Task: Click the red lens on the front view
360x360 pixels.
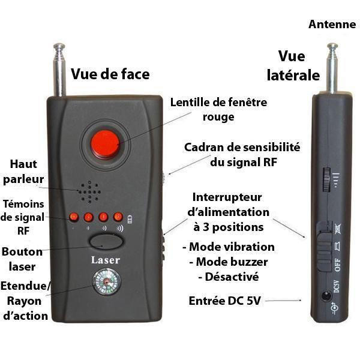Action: point(106,144)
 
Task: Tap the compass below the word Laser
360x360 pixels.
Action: point(107,282)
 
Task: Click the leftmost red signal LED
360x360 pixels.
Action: point(74,217)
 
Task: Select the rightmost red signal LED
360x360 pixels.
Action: point(118,217)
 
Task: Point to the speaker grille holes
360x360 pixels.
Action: point(89,192)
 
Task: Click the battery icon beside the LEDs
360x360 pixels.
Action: point(130,219)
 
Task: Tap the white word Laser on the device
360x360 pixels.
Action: point(106,260)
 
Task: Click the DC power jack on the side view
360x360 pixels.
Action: point(326,295)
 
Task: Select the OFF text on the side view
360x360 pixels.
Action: point(337,265)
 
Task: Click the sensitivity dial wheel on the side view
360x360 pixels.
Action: point(326,179)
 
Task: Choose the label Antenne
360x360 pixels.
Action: point(332,25)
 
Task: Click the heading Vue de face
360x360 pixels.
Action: point(110,74)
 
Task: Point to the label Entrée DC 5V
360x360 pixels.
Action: point(225,301)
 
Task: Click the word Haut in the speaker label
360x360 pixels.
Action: point(23,164)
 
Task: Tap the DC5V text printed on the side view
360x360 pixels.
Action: point(337,286)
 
